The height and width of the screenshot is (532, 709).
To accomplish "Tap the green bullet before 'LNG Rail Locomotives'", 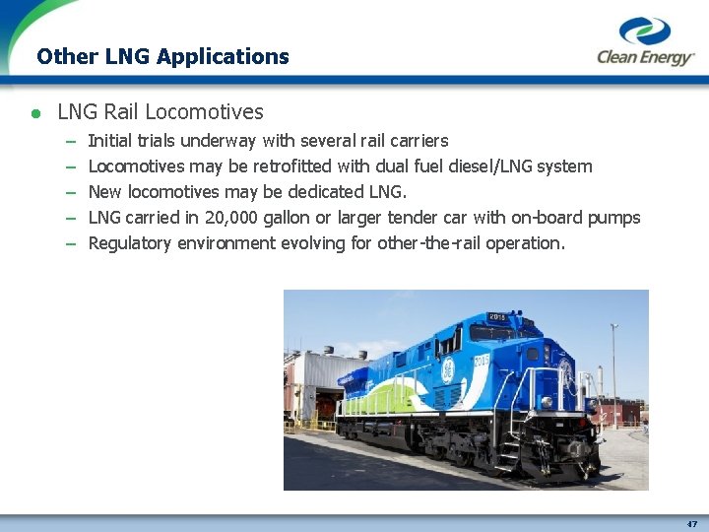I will (x=34, y=113).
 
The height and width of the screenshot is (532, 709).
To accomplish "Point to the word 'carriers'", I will (x=416, y=141).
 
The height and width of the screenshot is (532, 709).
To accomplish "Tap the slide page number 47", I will (x=692, y=524).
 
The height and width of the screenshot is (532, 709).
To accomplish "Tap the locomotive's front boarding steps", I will (x=509, y=448).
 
